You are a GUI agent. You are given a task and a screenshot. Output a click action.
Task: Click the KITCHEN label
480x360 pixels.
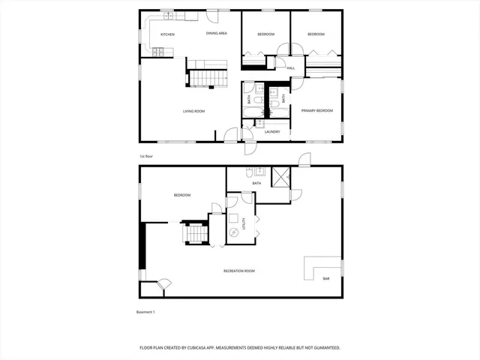tap(168, 34)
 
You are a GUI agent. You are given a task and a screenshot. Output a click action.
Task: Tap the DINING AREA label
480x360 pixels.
tap(217, 34)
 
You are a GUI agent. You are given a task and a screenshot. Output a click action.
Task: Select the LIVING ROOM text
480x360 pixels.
tap(193, 111)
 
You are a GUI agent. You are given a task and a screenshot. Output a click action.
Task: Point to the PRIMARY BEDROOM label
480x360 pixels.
tap(316, 111)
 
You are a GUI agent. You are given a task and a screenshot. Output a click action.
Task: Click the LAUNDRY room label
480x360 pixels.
tap(271, 132)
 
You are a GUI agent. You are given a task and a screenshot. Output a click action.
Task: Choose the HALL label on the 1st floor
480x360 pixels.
tap(290, 68)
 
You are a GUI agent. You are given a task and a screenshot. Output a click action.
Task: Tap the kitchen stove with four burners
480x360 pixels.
tap(158, 52)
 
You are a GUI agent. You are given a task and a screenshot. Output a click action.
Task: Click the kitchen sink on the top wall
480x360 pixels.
tap(168, 16)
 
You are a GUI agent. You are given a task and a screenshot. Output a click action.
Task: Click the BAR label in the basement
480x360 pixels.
tap(325, 279)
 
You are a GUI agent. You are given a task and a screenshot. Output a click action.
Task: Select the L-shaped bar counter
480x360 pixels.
tap(319, 266)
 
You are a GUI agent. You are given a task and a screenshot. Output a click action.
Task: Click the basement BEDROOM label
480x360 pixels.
tap(181, 195)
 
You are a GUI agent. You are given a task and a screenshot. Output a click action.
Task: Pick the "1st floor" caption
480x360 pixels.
tap(146, 156)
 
